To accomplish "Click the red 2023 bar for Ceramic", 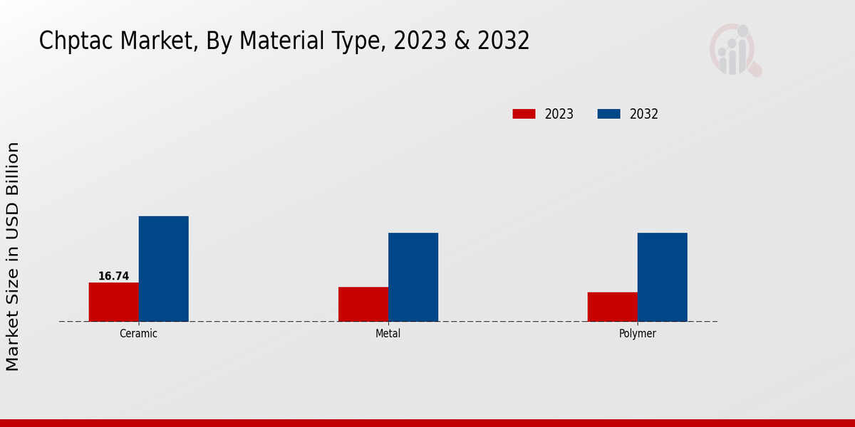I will (x=113, y=302).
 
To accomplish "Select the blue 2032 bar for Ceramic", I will (x=163, y=268).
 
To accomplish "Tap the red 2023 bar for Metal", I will (x=363, y=304).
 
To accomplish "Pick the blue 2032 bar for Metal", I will (x=413, y=277).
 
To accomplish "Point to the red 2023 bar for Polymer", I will (x=612, y=307).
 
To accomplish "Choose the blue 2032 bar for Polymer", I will (x=662, y=277).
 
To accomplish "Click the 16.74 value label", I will (x=113, y=276).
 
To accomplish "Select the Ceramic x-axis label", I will (x=138, y=333).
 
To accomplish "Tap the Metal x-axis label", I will (x=388, y=333).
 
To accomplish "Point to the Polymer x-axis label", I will (x=637, y=333).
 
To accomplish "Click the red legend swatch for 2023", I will (x=524, y=114).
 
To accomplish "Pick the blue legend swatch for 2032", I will (x=608, y=114).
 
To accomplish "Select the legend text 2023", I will (x=559, y=114).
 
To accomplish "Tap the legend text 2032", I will (x=643, y=114).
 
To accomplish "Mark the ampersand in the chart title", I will (x=462, y=41).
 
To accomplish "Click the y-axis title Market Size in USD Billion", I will (x=13, y=256).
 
